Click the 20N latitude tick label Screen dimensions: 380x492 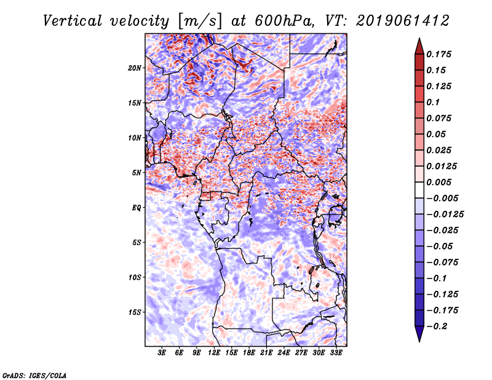[135, 68]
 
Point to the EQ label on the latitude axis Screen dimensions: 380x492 [137, 208]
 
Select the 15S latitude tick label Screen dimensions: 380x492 [135, 312]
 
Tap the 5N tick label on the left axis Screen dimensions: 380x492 [137, 173]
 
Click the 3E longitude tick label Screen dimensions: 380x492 [162, 354]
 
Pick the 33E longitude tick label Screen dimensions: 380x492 [335, 354]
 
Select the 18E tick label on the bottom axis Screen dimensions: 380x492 [248, 354]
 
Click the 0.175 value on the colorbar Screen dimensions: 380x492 [442, 55]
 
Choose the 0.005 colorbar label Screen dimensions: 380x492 [442, 183]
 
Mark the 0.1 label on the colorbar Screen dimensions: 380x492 [437, 103]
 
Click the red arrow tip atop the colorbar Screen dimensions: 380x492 [419, 44]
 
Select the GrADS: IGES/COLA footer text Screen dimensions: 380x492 [34, 374]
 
